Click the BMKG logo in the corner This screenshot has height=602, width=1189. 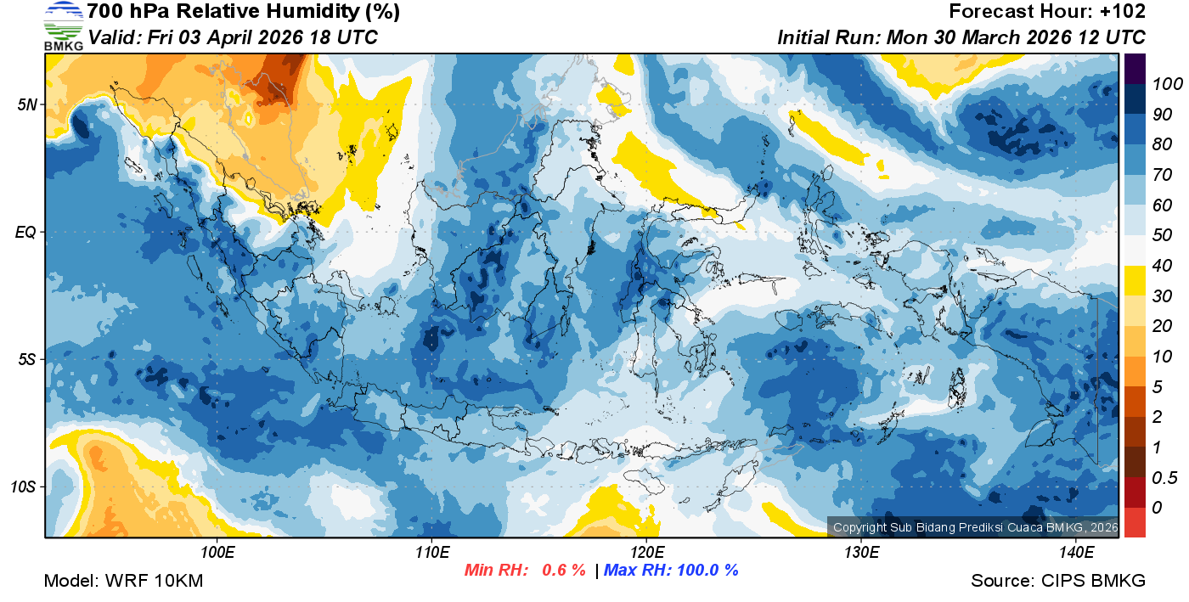(x=63, y=26)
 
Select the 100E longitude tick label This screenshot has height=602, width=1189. (x=217, y=553)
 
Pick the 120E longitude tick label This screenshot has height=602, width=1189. (x=646, y=553)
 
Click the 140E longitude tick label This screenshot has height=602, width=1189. (x=1076, y=553)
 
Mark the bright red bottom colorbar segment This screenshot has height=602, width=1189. (x=1135, y=521)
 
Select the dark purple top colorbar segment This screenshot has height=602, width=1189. (x=1135, y=69)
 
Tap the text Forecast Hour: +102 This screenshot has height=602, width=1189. (x=1047, y=12)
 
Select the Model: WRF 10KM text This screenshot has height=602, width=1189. (x=123, y=581)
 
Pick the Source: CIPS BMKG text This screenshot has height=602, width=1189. (x=1058, y=581)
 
